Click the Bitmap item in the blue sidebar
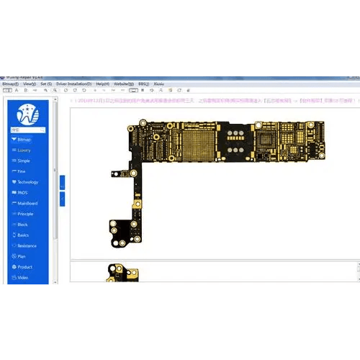[x=24, y=139]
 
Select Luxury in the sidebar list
[x=24, y=150]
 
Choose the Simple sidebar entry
[x=24, y=161]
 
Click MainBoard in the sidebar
[x=25, y=203]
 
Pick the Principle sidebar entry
[x=24, y=214]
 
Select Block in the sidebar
[x=22, y=225]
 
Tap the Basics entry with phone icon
[x=23, y=235]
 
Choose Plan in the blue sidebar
[x=22, y=256]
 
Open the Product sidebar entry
[x=24, y=267]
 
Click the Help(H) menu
[x=102, y=84]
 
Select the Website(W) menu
[x=122, y=84]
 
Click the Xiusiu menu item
[x=160, y=84]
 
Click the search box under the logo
[x=27, y=130]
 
